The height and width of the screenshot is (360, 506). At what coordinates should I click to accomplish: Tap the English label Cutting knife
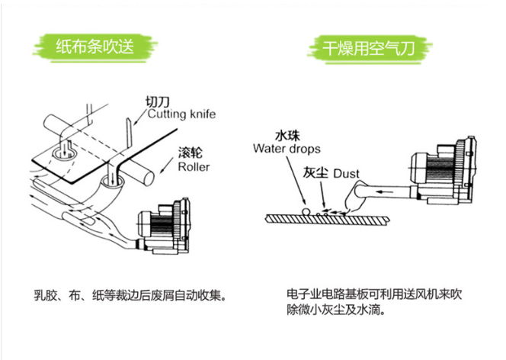click(181, 114)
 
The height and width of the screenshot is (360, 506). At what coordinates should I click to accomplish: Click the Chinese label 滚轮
click(190, 153)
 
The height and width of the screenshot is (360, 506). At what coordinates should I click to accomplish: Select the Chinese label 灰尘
click(315, 173)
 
